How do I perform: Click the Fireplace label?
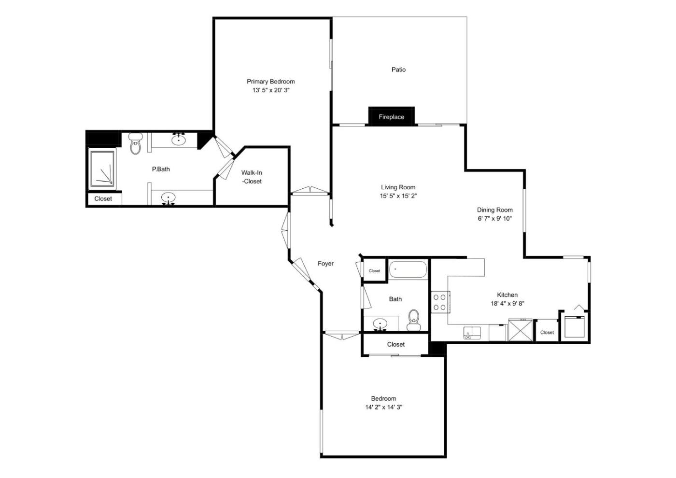(391, 117)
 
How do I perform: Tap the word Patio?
(398, 70)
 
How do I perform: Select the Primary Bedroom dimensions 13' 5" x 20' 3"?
(271, 90)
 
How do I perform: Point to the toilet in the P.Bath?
(135, 144)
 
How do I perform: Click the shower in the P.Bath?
(102, 169)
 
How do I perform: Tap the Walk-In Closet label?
(252, 177)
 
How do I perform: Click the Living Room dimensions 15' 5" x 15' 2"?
(398, 196)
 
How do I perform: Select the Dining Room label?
(494, 210)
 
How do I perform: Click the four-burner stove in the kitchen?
(440, 302)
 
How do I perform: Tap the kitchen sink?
(472, 333)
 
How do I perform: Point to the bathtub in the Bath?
(408, 269)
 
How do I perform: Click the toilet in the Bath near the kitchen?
(413, 320)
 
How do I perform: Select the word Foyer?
(325, 264)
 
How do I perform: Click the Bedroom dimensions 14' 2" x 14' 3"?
(383, 407)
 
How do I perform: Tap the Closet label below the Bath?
(395, 344)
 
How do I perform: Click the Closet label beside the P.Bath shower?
(103, 198)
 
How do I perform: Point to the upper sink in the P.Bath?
(179, 139)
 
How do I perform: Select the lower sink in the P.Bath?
(169, 198)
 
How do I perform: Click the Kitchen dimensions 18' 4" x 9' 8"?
(507, 304)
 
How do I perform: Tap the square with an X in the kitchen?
(521, 330)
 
